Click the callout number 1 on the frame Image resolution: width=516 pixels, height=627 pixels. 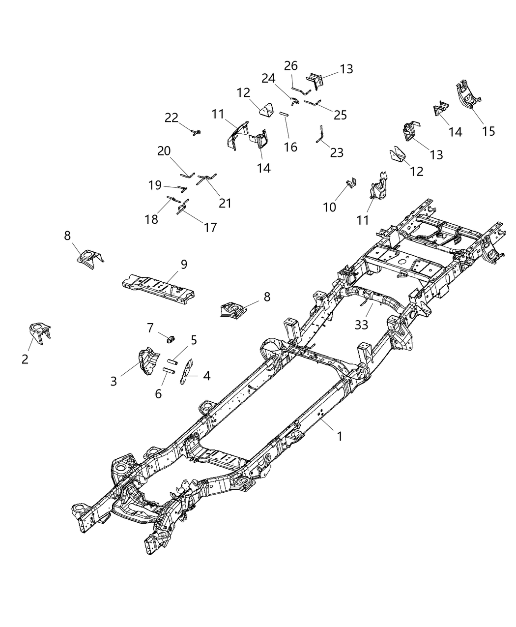pyautogui.click(x=339, y=436)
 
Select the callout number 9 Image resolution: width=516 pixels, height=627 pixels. pyautogui.click(x=183, y=265)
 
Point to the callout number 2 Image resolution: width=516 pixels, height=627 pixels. pyautogui.click(x=25, y=359)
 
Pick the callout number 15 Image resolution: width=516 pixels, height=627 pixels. pyautogui.click(x=488, y=131)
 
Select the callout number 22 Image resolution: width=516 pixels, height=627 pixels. pyautogui.click(x=172, y=118)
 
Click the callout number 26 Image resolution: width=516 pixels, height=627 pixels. pyautogui.click(x=291, y=65)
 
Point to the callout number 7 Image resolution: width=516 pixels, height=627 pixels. pyautogui.click(x=150, y=327)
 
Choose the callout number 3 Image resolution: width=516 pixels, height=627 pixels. pyautogui.click(x=114, y=381)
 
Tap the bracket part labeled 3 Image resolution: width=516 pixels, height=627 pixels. pyautogui.click(x=145, y=361)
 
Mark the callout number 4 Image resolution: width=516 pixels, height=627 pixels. pyautogui.click(x=206, y=376)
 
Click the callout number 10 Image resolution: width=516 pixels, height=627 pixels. pyautogui.click(x=330, y=207)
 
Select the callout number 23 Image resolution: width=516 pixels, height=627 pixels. pyautogui.click(x=337, y=152)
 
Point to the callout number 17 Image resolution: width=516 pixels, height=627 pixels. pyautogui.click(x=210, y=227)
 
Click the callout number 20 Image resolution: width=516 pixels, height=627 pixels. pyautogui.click(x=164, y=151)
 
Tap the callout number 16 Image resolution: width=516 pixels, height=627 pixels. pyautogui.click(x=290, y=147)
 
